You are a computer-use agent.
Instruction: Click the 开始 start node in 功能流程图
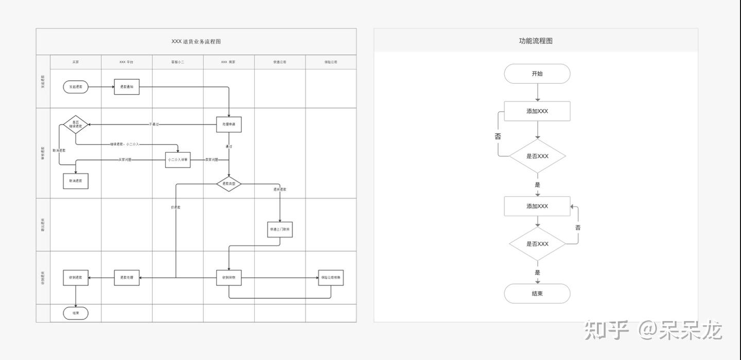tap(537, 74)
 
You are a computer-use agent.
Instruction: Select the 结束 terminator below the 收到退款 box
tap(76, 313)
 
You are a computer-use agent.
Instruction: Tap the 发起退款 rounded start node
tap(76, 87)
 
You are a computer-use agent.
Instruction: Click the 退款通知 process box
tap(127, 87)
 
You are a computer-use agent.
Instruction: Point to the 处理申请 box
tap(229, 124)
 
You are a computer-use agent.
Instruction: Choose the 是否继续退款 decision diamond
tap(76, 124)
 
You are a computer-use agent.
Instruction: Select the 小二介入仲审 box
tap(178, 160)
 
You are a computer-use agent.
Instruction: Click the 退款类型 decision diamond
tap(229, 184)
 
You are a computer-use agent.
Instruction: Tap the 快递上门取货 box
tap(280, 229)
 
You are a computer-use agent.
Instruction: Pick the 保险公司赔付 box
tap(331, 278)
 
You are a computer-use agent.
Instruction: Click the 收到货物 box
tap(229, 278)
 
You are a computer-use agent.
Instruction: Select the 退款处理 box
tap(127, 278)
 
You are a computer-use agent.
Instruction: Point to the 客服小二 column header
tap(178, 62)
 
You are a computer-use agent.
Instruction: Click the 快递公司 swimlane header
tap(280, 62)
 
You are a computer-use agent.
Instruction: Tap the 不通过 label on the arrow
tap(154, 124)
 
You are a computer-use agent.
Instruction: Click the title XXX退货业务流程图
tap(196, 42)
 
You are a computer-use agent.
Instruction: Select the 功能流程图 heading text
tap(536, 41)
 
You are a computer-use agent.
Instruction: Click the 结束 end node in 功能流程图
tap(537, 294)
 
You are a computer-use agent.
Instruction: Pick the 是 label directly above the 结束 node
tap(538, 273)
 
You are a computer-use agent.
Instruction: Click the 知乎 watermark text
tap(607, 330)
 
